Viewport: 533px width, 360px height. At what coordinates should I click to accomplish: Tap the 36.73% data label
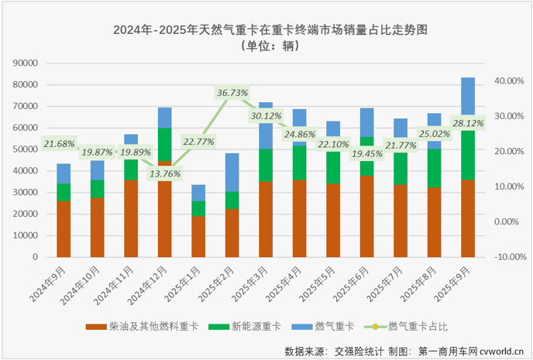[x=232, y=93]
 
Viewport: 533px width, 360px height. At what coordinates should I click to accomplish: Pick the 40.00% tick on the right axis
[x=511, y=81]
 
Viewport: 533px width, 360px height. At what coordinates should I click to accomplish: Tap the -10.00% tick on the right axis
[x=510, y=257]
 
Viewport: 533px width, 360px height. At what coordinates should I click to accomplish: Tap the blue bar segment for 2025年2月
[x=232, y=172]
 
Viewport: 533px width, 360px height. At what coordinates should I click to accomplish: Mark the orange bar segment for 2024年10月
[x=98, y=227]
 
